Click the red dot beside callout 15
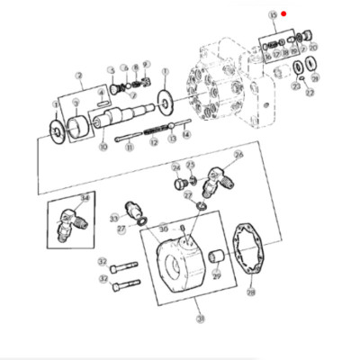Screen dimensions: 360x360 pyautogui.click(x=283, y=13)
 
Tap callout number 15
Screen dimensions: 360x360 pyautogui.click(x=273, y=15)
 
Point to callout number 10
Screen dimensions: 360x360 pyautogui.click(x=103, y=146)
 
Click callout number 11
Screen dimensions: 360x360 pyautogui.click(x=130, y=146)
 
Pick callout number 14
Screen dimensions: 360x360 pyautogui.click(x=187, y=132)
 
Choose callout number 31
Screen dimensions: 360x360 pyautogui.click(x=199, y=319)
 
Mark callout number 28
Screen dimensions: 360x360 pyautogui.click(x=251, y=292)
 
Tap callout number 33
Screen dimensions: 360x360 pyautogui.click(x=113, y=217)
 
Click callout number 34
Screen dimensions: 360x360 pyautogui.click(x=85, y=198)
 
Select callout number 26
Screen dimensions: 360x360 pyautogui.click(x=238, y=155)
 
